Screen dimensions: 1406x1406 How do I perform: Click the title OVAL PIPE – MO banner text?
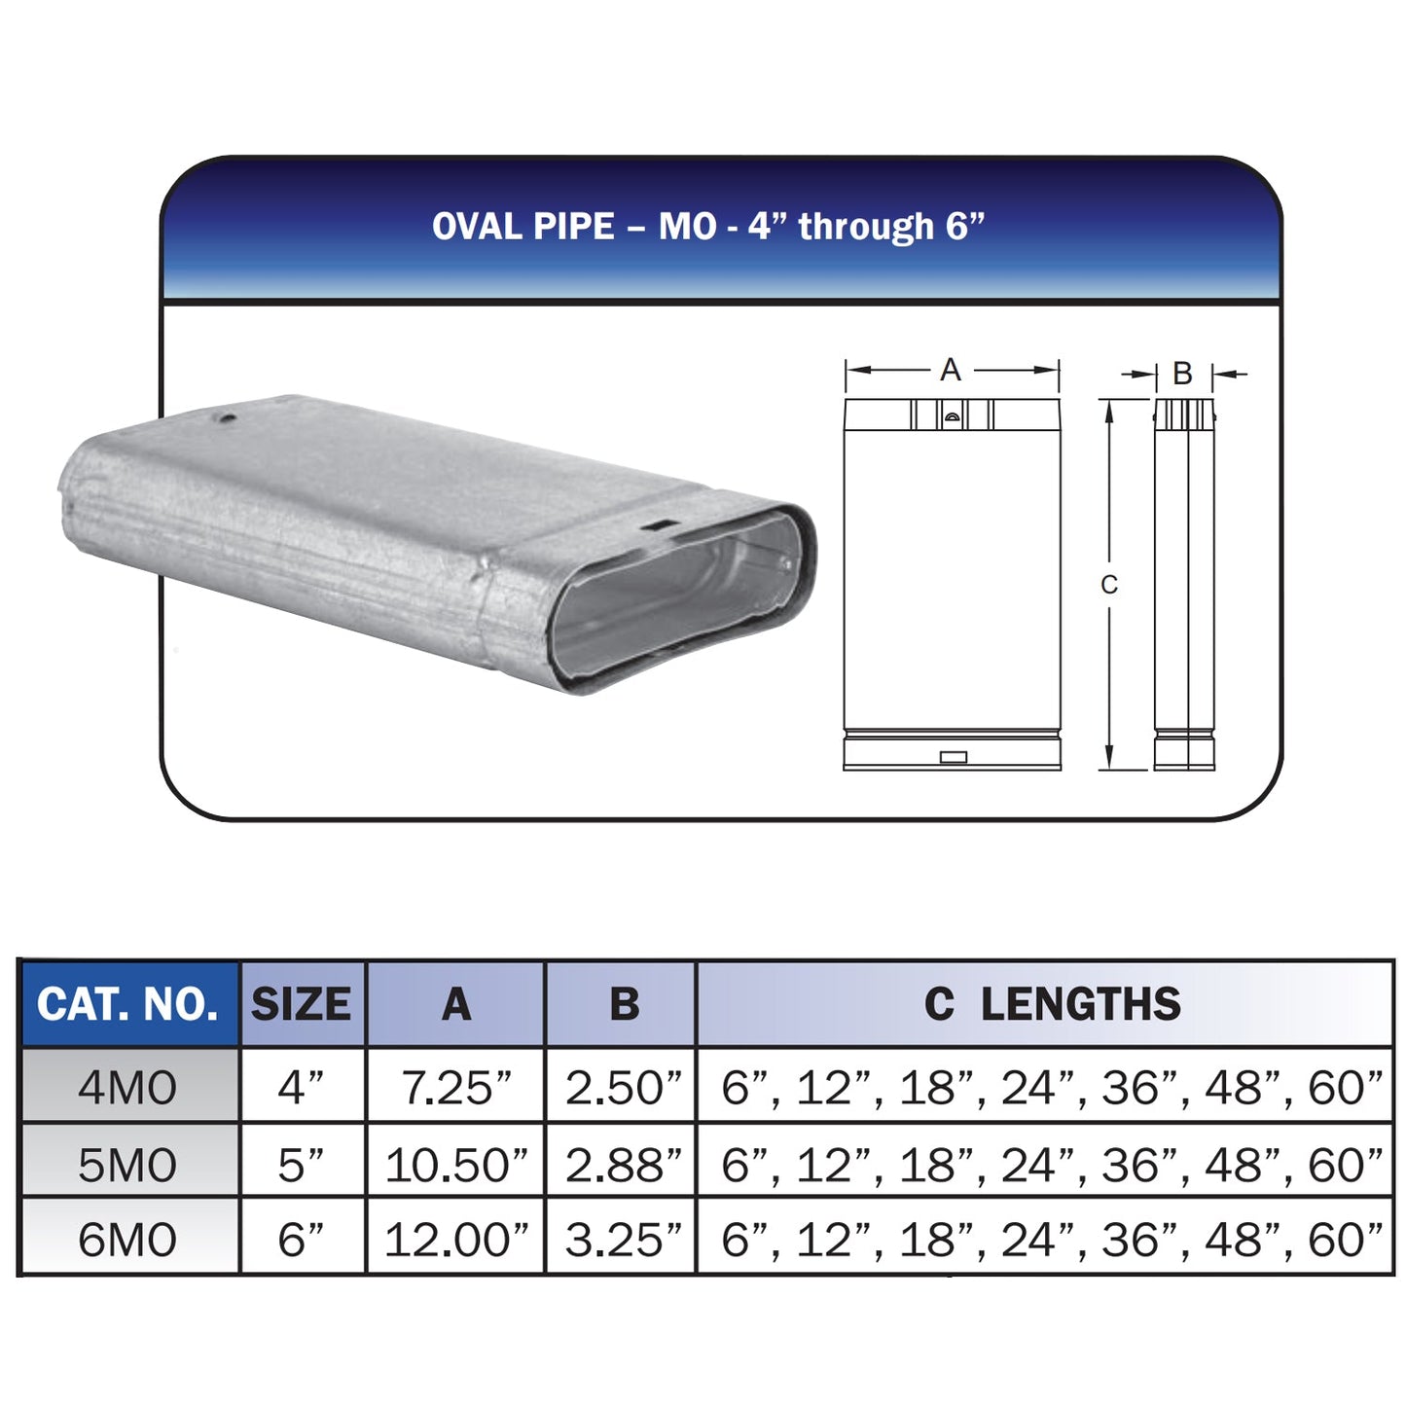pos(708,227)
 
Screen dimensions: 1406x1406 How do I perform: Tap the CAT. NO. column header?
pos(127,1004)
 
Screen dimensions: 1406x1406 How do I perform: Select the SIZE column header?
pos(301,1004)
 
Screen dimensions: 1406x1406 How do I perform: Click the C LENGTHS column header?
pos(1051,1004)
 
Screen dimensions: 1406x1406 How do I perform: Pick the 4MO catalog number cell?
pos(127,1087)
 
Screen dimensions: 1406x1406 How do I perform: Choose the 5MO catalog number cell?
pos(127,1164)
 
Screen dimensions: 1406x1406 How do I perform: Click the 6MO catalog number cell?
pos(127,1240)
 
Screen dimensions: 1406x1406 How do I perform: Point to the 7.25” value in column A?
pos(455,1087)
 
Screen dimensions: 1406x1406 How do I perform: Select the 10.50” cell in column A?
pos(455,1164)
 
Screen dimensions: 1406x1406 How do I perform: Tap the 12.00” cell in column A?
pos(455,1240)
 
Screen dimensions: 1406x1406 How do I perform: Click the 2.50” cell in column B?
pos(623,1087)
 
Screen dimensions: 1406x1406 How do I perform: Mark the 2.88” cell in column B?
pos(623,1164)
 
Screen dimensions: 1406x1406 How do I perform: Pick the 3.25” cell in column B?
pos(623,1240)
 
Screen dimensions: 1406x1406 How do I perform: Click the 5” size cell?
pos(301,1164)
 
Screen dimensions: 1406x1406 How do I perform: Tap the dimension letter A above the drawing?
pos(951,370)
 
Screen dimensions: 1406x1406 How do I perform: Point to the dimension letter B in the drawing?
pos(1182,373)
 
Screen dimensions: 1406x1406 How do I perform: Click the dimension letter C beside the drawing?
pos(1109,585)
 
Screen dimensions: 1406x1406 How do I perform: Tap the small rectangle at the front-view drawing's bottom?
pos(954,757)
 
